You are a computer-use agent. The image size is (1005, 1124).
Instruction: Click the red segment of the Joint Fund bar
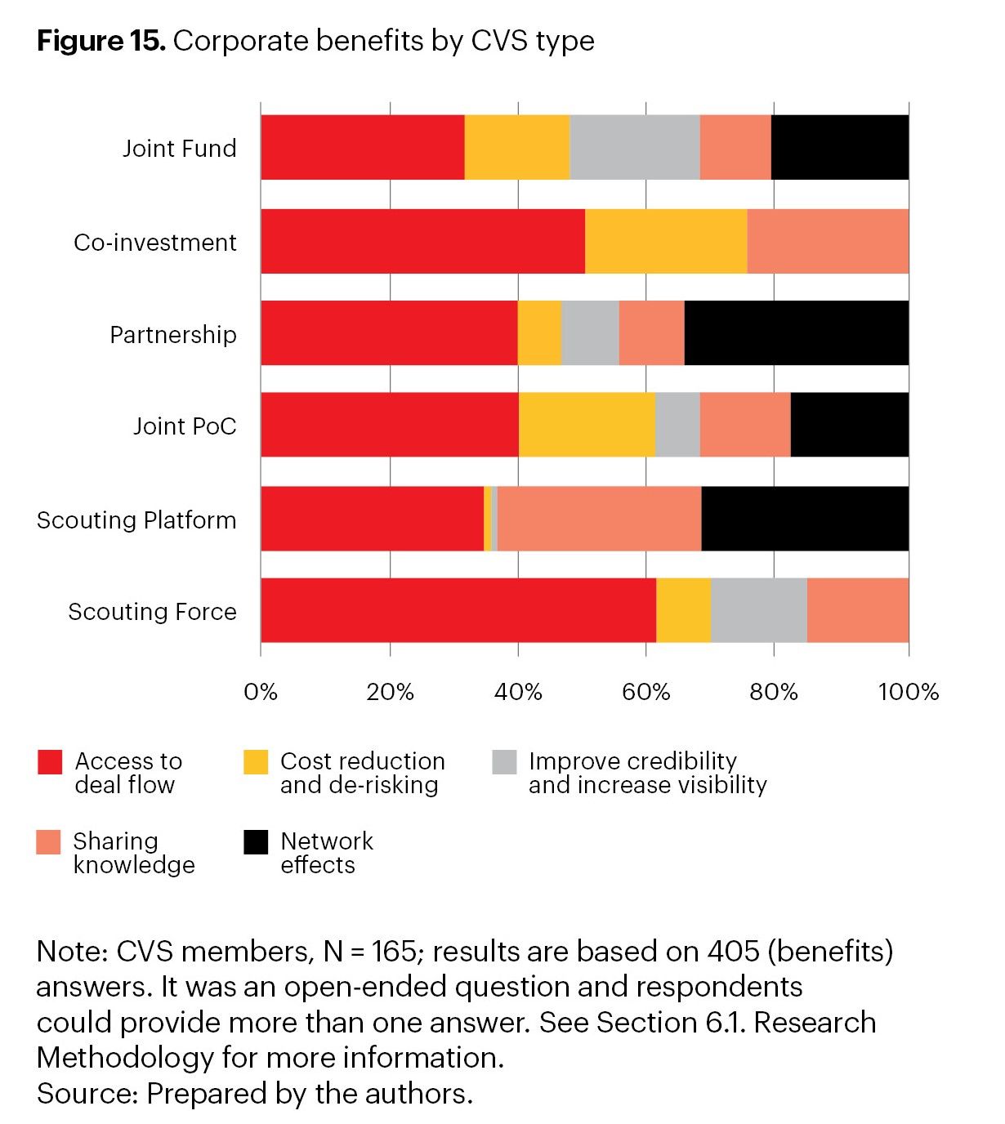pyautogui.click(x=362, y=147)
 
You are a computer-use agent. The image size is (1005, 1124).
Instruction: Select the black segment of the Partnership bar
pyautogui.click(x=796, y=332)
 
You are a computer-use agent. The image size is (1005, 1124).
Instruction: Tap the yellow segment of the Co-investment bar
pyautogui.click(x=666, y=241)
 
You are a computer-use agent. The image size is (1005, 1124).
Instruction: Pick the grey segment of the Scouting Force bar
pyautogui.click(x=758, y=610)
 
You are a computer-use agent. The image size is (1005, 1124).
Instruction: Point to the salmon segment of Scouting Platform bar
pyautogui.click(x=599, y=519)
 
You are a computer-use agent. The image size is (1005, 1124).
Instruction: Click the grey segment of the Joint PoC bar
pyautogui.click(x=677, y=425)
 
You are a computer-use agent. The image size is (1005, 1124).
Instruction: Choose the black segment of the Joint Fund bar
pyautogui.click(x=839, y=147)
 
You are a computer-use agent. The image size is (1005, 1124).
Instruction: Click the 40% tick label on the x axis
pyautogui.click(x=518, y=693)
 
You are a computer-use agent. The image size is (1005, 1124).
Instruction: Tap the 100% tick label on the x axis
pyautogui.click(x=908, y=693)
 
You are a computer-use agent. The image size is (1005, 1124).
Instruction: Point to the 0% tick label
pyautogui.click(x=261, y=693)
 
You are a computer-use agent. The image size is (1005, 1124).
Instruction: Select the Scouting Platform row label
pyautogui.click(x=136, y=520)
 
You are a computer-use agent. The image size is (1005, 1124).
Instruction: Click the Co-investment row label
pyautogui.click(x=155, y=243)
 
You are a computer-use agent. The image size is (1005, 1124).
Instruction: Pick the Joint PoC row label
pyautogui.click(x=185, y=426)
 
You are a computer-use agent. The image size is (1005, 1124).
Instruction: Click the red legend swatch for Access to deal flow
pyautogui.click(x=50, y=762)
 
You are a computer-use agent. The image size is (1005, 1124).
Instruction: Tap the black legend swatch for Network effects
pyautogui.click(x=256, y=842)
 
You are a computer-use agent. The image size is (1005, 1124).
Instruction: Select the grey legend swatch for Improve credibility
pyautogui.click(x=504, y=762)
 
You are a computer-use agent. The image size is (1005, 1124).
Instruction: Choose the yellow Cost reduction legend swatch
pyautogui.click(x=256, y=762)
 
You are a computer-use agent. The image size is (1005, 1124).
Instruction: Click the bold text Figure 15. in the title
pyautogui.click(x=101, y=41)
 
